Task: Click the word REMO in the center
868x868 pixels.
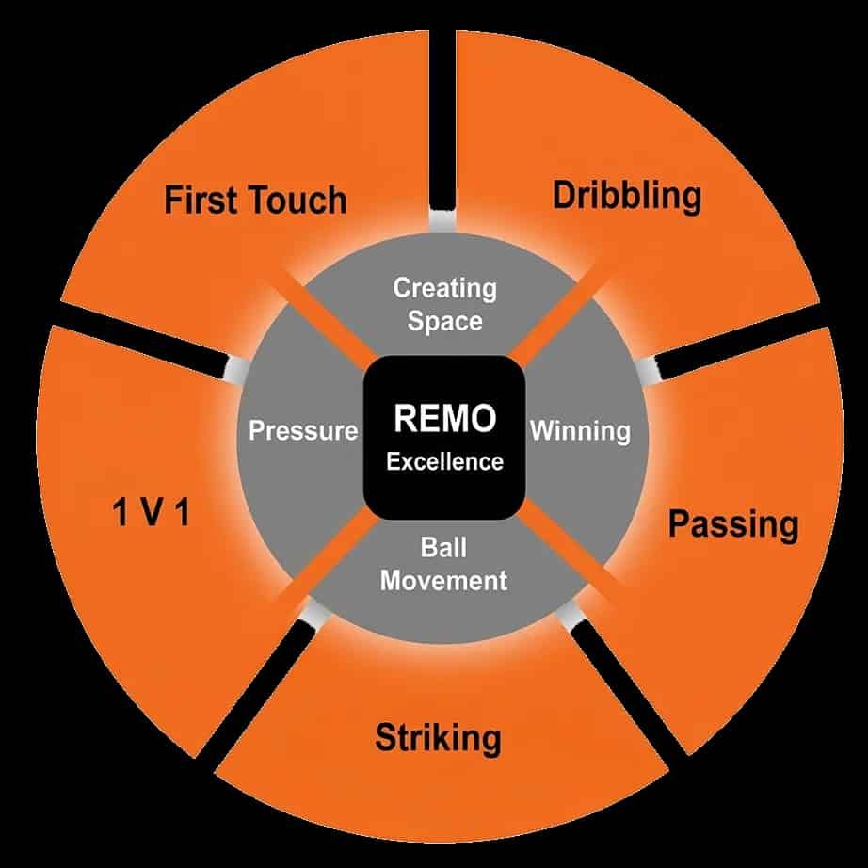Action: (444, 418)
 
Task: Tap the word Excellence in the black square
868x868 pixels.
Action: (444, 461)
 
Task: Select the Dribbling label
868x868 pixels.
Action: (627, 198)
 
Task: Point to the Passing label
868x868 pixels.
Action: (733, 524)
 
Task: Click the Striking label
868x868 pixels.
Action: (438, 738)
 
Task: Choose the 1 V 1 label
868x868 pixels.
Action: (152, 511)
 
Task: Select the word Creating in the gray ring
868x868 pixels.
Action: (444, 288)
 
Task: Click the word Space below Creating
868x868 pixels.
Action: (444, 321)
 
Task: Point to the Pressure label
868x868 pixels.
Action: (303, 430)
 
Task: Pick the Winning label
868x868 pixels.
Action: (580, 430)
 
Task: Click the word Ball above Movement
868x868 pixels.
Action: (443, 548)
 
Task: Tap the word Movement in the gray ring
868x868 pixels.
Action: (443, 580)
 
